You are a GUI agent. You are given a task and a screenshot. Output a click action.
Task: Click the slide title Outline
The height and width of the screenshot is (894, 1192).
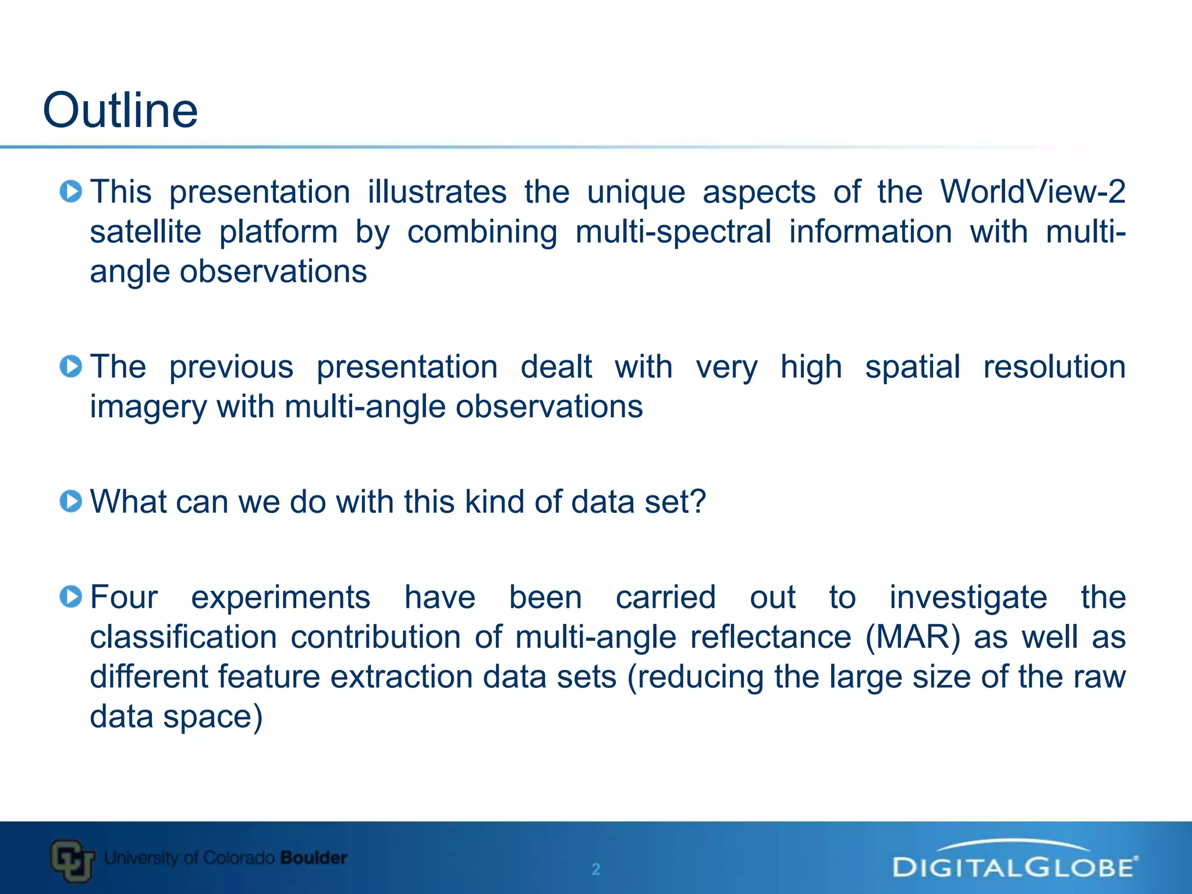pos(120,110)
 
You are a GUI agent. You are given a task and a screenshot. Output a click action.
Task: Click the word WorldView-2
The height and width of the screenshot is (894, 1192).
pos(1033,191)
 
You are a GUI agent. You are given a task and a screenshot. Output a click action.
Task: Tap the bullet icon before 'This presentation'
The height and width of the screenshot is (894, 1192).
pos(71,191)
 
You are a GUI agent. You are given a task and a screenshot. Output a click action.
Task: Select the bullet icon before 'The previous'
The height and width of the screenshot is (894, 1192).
pos(71,366)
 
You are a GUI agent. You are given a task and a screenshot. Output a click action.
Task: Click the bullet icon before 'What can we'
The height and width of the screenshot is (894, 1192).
pos(71,501)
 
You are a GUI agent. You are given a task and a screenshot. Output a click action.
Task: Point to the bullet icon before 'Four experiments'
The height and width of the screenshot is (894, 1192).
pos(71,597)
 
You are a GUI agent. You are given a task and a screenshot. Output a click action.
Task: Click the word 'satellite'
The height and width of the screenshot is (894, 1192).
pos(146,232)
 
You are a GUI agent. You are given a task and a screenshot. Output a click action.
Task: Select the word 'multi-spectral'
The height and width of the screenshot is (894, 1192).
pos(673,232)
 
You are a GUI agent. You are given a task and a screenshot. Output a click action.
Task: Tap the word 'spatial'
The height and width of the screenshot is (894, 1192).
pos(912,367)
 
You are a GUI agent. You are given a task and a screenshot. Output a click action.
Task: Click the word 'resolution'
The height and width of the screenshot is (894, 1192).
pos(1054,367)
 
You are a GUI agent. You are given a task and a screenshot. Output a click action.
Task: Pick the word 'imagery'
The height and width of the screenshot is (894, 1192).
pos(148,407)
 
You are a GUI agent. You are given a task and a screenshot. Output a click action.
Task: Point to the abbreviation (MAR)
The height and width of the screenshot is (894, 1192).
pos(913,637)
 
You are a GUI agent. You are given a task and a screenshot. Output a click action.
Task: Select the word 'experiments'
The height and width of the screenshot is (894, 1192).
pos(281,598)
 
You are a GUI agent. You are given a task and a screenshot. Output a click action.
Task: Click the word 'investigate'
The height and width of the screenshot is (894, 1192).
pos(968,598)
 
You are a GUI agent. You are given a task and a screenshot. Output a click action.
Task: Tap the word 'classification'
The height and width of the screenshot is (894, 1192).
pos(183,637)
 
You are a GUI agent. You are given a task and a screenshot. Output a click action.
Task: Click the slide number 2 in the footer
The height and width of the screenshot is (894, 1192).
pos(595,869)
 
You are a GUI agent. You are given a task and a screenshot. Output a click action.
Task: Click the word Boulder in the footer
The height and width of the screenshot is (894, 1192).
pos(314,857)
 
